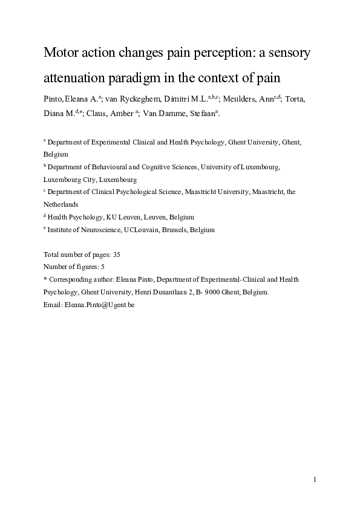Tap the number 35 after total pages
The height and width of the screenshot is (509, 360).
tap(117, 255)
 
